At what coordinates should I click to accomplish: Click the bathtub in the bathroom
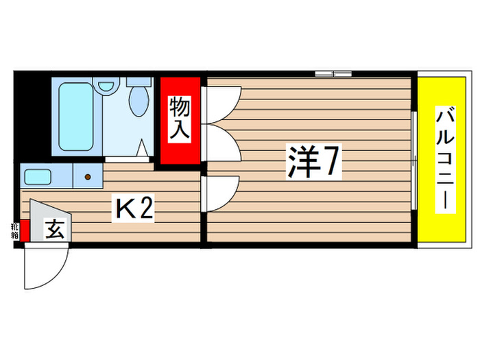tap(75, 118)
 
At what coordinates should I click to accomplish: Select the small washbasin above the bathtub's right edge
tap(104, 87)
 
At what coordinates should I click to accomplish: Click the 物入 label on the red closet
tap(180, 120)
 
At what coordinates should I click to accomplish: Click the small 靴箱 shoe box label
tap(14, 229)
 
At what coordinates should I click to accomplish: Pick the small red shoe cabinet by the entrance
tap(25, 231)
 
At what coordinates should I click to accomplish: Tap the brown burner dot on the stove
tap(88, 177)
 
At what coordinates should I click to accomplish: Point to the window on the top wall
tap(333, 73)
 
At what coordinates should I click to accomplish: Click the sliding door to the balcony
tap(414, 159)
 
